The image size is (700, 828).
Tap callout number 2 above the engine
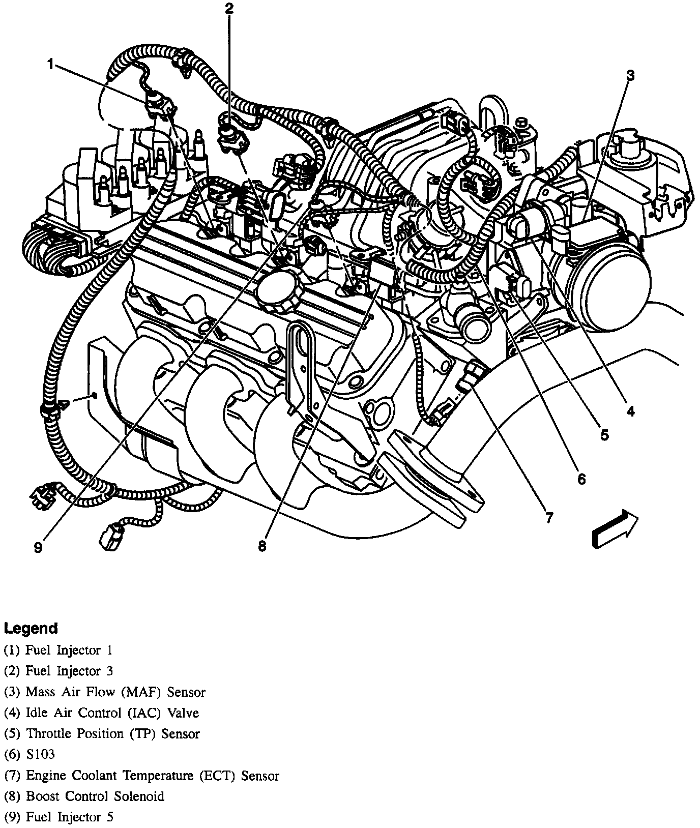pyautogui.click(x=229, y=8)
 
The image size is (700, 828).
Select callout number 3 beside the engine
pyautogui.click(x=630, y=76)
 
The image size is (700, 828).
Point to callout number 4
pyautogui.click(x=630, y=411)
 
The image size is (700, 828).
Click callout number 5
pyautogui.click(x=604, y=435)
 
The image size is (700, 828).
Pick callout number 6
pyautogui.click(x=581, y=479)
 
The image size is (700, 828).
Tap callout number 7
pyautogui.click(x=549, y=518)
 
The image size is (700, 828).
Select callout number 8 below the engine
pyautogui.click(x=262, y=546)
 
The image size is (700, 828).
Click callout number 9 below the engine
pyautogui.click(x=38, y=547)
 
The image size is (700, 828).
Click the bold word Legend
pyautogui.click(x=31, y=629)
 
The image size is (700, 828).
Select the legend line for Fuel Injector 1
pyautogui.click(x=59, y=650)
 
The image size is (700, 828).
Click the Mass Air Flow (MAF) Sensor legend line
pyautogui.click(x=105, y=692)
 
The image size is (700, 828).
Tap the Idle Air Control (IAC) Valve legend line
pyautogui.click(x=101, y=713)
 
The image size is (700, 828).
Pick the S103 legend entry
pyautogui.click(x=30, y=755)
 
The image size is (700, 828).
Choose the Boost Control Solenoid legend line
pyautogui.click(x=84, y=796)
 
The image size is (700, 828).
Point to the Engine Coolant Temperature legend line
pyautogui.click(x=141, y=776)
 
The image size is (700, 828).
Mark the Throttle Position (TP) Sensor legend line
pyautogui.click(x=102, y=734)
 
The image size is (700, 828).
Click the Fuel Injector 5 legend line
pyautogui.click(x=59, y=817)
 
